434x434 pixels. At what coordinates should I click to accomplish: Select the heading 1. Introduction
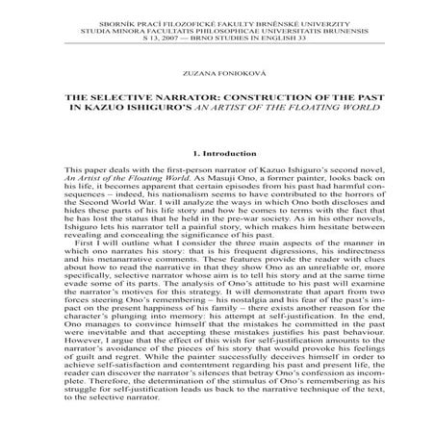point(217,152)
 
